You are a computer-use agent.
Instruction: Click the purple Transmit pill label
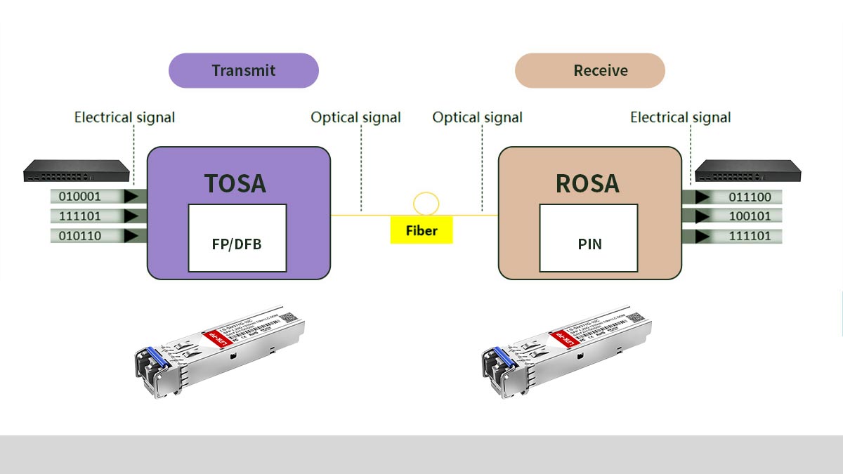[x=244, y=70]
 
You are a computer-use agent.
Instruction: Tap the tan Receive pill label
[x=590, y=70]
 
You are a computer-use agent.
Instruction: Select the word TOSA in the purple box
[x=235, y=183]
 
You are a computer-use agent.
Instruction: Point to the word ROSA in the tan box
[x=587, y=183]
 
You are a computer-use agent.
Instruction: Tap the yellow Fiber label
[x=421, y=231]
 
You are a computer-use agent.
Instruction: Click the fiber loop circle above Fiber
[x=426, y=204]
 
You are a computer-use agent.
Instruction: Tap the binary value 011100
[x=750, y=197]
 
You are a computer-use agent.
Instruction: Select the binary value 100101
[x=750, y=216]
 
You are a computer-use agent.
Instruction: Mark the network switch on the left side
[x=77, y=170]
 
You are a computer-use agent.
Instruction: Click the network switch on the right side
[x=747, y=171]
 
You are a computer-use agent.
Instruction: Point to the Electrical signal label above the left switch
[x=124, y=117]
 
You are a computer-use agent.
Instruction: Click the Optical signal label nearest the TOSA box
[x=356, y=117]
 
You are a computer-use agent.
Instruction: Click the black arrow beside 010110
[x=131, y=237]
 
